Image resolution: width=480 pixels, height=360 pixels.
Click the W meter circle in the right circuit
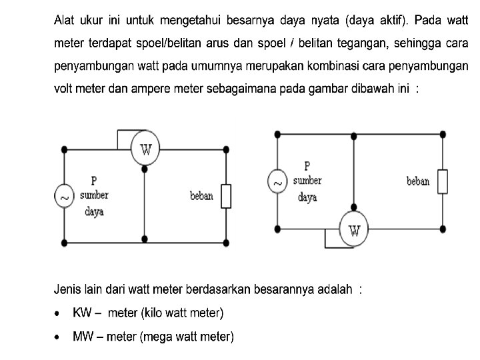click(x=353, y=231)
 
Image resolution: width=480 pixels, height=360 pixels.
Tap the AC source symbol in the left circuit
click(x=64, y=197)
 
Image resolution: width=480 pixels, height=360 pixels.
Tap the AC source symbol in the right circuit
click(x=277, y=181)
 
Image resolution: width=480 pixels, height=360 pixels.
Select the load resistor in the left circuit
click(x=226, y=197)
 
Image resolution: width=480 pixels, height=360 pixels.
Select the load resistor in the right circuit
click(x=442, y=181)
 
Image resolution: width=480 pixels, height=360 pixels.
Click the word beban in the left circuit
click(x=201, y=196)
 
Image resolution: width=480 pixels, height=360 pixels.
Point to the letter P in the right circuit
click(x=307, y=165)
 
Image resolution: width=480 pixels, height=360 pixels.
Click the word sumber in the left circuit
click(x=94, y=196)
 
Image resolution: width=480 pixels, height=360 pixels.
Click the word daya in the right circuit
click(x=307, y=197)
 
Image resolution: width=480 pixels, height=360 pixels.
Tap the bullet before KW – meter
click(x=59, y=313)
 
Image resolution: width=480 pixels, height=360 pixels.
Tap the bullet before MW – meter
click(x=59, y=337)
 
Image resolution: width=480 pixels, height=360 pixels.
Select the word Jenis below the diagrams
click(x=67, y=289)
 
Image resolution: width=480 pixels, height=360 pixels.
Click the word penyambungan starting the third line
click(x=93, y=67)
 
